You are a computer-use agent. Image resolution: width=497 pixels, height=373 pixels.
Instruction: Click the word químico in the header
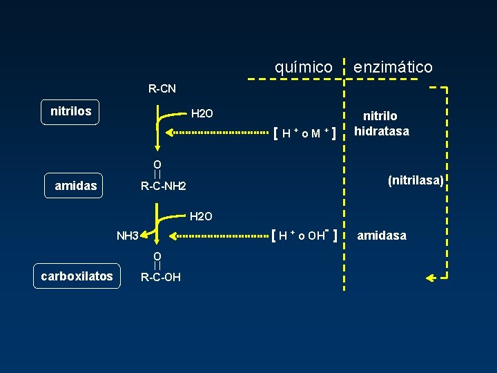tap(304, 67)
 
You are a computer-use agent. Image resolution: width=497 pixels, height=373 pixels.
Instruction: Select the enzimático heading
tap(393, 67)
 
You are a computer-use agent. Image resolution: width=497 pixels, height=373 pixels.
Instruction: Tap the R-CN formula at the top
tap(162, 88)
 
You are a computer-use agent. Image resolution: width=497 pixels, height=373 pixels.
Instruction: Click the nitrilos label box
tap(70, 111)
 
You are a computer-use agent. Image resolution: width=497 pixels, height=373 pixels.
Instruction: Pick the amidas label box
tap(76, 186)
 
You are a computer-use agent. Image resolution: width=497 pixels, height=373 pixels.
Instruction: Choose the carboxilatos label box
tap(77, 276)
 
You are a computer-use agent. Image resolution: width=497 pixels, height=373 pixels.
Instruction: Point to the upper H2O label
tap(202, 113)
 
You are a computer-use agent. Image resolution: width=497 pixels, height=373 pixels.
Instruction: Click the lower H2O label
tap(202, 217)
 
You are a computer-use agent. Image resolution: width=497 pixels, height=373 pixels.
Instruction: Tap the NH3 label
tap(128, 236)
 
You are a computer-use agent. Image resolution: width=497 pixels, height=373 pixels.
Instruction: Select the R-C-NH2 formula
tap(164, 186)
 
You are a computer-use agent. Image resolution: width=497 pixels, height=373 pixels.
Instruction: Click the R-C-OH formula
tap(160, 278)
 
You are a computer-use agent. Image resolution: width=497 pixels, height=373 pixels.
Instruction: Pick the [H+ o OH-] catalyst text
tap(304, 236)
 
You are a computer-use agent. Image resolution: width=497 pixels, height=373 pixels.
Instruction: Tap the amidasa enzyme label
tap(382, 236)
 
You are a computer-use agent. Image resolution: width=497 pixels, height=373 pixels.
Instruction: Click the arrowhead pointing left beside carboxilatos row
tap(429, 278)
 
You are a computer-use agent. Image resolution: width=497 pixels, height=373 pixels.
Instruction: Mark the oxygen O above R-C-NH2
tap(157, 164)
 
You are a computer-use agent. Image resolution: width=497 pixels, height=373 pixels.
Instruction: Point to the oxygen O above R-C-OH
tap(157, 256)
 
